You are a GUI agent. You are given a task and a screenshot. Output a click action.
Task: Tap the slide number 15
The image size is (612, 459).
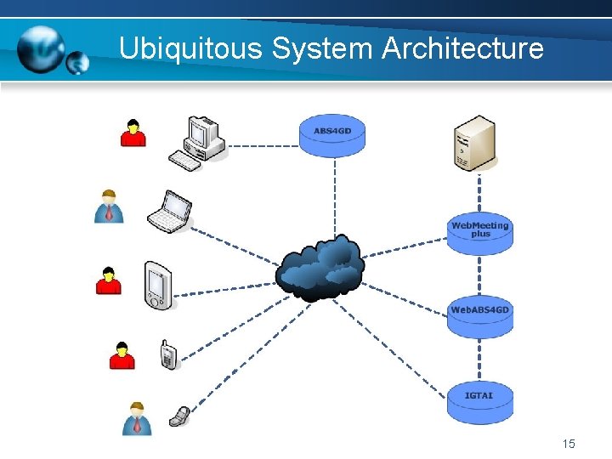pyautogui.click(x=569, y=444)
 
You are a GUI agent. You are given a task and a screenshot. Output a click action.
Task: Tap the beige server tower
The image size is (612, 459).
pyautogui.click(x=473, y=143)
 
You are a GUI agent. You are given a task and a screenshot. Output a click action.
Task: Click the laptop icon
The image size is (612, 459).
pyautogui.click(x=169, y=212)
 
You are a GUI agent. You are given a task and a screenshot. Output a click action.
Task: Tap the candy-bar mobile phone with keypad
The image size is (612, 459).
pyautogui.click(x=168, y=354)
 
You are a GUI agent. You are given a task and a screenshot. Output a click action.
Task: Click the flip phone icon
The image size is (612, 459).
pyautogui.click(x=178, y=416)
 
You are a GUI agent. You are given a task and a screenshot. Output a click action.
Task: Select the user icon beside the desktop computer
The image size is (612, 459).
pyautogui.click(x=133, y=133)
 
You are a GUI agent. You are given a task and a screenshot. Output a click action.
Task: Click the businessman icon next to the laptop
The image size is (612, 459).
pyautogui.click(x=109, y=207)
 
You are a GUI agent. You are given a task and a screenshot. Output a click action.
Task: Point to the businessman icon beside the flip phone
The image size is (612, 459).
pyautogui.click(x=136, y=418)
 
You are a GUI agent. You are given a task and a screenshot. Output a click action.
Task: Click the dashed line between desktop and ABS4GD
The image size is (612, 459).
pyautogui.click(x=262, y=145)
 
